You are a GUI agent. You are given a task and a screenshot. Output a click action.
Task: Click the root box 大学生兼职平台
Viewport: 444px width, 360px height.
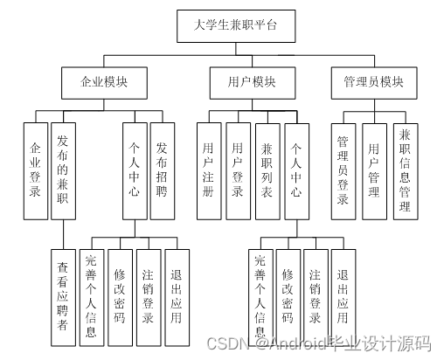tap(235, 25)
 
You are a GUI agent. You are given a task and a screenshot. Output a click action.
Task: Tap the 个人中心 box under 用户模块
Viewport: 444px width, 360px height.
tap(298, 171)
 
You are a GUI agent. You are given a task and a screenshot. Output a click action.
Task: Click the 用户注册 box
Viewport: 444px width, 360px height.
tap(207, 171)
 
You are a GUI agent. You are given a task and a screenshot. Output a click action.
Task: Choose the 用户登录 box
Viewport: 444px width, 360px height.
tap(238, 171)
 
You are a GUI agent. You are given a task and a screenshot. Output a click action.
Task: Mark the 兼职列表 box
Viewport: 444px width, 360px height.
tap(267, 171)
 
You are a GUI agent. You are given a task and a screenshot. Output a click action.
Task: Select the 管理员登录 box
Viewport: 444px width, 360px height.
tap(343, 170)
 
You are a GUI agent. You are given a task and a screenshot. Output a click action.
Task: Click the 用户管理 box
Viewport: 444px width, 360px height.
tap(374, 170)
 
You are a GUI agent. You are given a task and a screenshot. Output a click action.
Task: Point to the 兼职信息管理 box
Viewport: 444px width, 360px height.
tap(404, 170)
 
